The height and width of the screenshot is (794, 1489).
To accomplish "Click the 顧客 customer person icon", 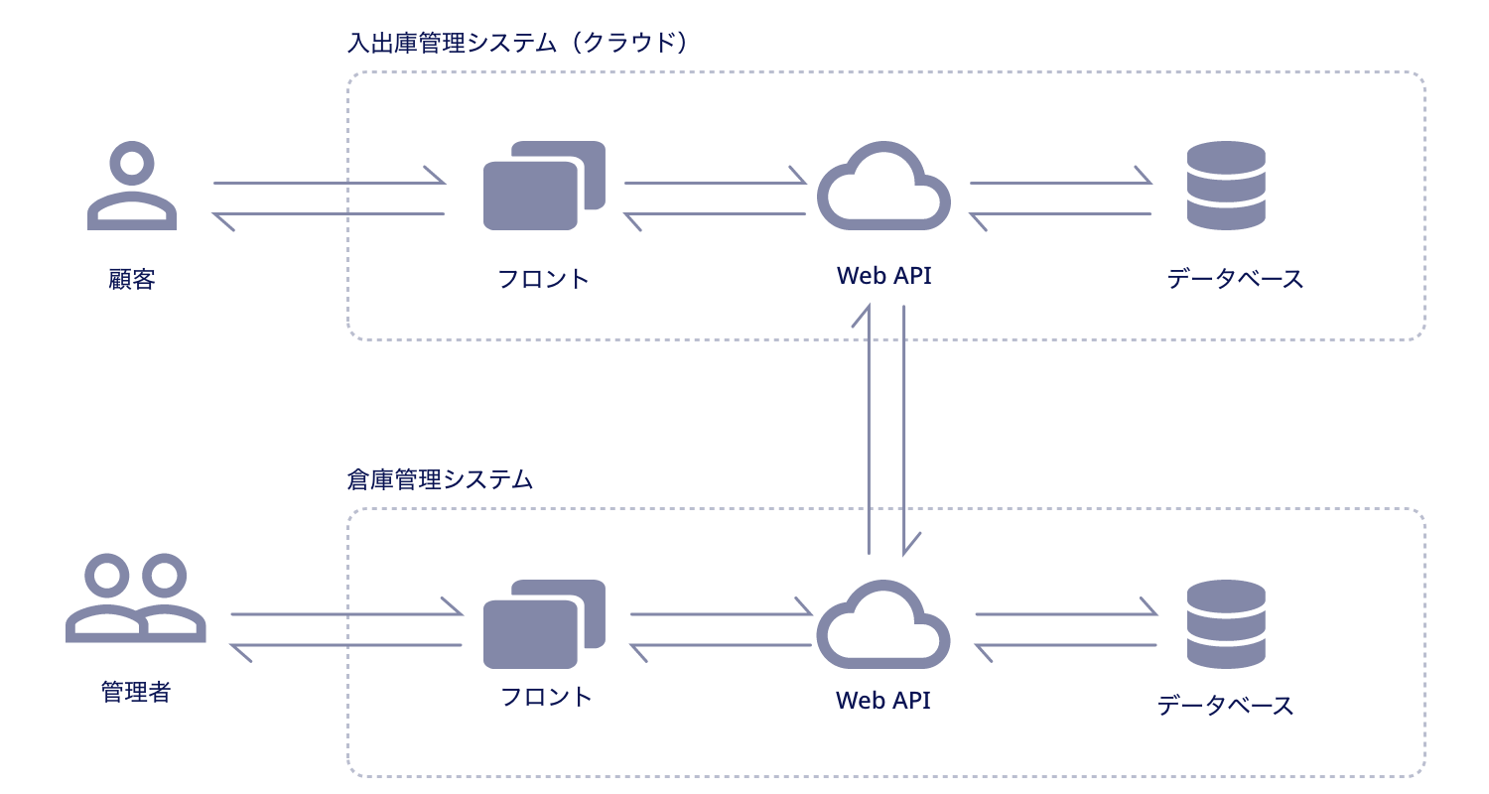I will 132,188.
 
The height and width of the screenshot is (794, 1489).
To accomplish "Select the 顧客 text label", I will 132,279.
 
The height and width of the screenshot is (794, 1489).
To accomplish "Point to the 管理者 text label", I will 136,692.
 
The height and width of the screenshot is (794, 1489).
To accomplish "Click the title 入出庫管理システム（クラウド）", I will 517,44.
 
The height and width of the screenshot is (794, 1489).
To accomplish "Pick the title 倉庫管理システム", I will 440,480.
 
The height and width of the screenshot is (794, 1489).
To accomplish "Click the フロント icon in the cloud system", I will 543,186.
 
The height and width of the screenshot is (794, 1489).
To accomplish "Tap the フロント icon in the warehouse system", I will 543,623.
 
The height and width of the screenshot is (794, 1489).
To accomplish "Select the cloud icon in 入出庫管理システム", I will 883,188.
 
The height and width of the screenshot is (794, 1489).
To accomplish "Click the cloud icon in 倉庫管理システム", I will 882,626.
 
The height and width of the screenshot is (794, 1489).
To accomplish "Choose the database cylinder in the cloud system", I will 1226,186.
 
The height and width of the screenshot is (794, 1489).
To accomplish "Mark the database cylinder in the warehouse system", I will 1226,624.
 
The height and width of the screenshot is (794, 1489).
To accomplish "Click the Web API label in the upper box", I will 883,276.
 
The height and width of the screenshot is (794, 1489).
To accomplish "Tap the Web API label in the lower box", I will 882,700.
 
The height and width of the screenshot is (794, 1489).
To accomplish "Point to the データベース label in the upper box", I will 1235,279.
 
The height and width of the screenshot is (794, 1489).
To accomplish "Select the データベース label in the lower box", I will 1226,706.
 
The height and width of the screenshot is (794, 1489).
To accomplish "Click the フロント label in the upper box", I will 544,279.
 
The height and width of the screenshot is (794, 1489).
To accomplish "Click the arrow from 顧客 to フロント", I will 328,183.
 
